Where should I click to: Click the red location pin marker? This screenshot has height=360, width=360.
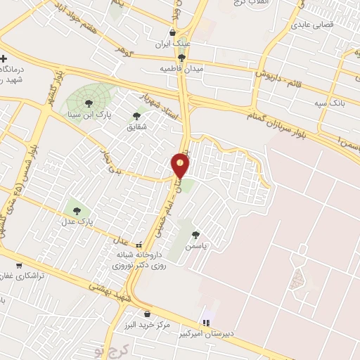(x=181, y=166)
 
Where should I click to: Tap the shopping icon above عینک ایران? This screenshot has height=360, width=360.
(x=173, y=32)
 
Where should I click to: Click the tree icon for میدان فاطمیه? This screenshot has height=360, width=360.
(x=182, y=58)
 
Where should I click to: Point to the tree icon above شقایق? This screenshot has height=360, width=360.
(x=136, y=116)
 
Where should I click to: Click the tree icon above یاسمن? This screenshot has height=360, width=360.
(x=195, y=236)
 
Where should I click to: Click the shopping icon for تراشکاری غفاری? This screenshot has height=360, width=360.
(x=18, y=266)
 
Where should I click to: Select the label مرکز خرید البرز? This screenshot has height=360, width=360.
(x=146, y=326)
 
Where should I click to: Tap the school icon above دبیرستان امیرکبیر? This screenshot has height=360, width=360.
(x=205, y=321)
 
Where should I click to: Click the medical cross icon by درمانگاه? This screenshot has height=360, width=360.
(x=4, y=58)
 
